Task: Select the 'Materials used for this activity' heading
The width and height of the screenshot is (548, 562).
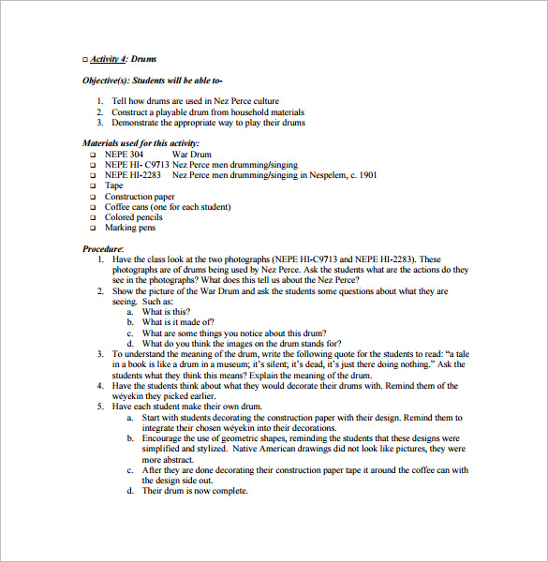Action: coord(141,143)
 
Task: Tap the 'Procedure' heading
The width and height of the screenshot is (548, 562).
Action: coord(103,248)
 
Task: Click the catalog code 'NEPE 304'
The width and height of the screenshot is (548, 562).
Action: coord(125,154)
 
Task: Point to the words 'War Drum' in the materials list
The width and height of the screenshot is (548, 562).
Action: coord(191,154)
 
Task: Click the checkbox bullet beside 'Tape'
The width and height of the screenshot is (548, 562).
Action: coord(93,186)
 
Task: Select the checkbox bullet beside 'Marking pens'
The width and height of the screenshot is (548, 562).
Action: coord(93,228)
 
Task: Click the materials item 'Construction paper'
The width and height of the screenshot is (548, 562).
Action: coord(140,197)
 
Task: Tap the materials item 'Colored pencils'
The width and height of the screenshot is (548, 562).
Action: coord(134,217)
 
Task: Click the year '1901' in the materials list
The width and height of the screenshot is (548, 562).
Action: coord(366,175)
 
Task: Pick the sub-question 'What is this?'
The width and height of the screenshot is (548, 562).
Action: coord(166,312)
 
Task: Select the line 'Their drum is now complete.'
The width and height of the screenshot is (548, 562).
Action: coord(194,491)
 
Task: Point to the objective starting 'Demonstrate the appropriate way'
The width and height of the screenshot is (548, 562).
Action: coord(208,123)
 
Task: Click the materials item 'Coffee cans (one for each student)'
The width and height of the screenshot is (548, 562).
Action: coord(168,207)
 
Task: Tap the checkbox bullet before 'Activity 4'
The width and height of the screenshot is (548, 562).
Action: coord(85,59)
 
